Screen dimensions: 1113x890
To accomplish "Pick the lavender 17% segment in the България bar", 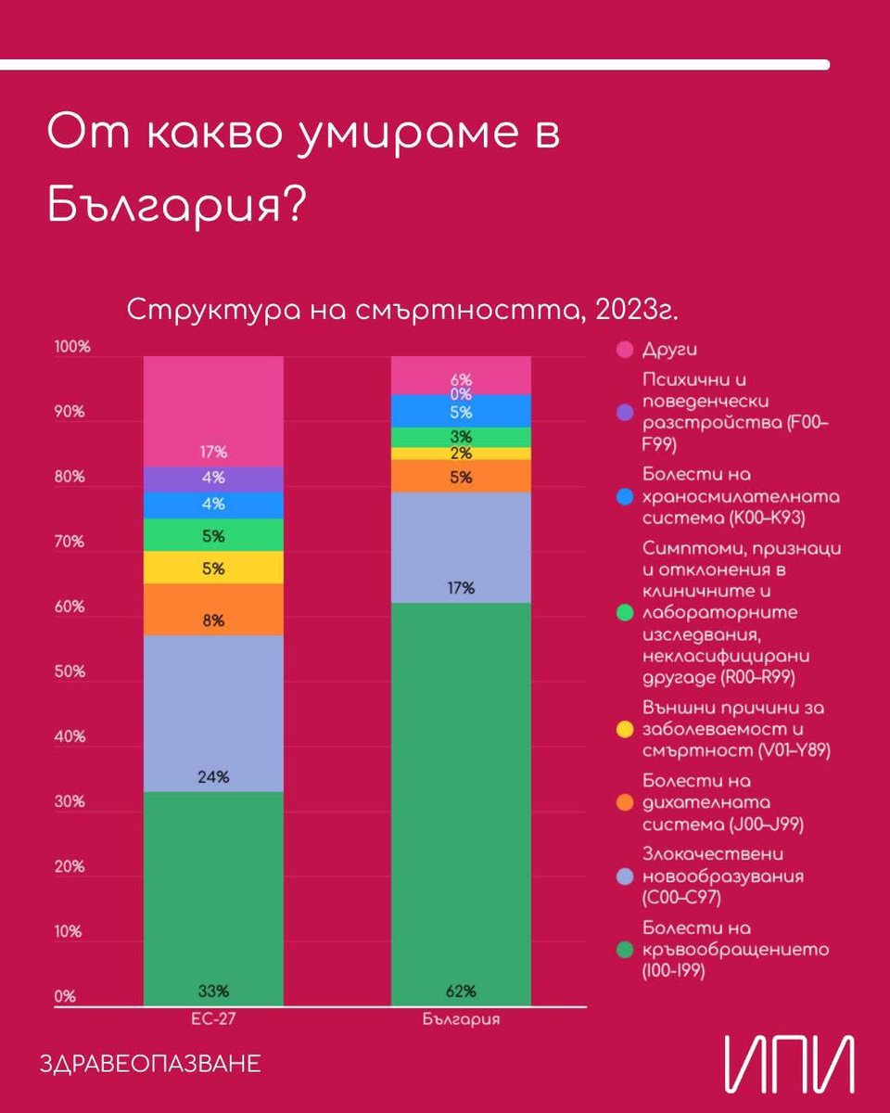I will pyautogui.click(x=461, y=547).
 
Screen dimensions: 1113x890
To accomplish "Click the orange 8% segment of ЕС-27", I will pyautogui.click(x=213, y=609).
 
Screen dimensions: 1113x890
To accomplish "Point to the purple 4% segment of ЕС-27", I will pyautogui.click(x=213, y=480).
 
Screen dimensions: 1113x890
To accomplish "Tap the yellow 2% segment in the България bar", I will pyautogui.click(x=461, y=454).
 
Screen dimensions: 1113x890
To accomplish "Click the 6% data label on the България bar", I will pyautogui.click(x=461, y=379).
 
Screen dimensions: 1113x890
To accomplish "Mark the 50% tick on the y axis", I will pyautogui.click(x=70, y=672).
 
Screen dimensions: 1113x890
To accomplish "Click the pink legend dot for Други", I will pyautogui.click(x=625, y=350).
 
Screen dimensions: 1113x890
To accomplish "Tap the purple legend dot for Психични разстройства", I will pyautogui.click(x=625, y=411).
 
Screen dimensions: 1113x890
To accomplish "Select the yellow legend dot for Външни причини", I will pyautogui.click(x=625, y=728).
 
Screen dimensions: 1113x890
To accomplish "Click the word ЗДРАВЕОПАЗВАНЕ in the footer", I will pyautogui.click(x=151, y=1063).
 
